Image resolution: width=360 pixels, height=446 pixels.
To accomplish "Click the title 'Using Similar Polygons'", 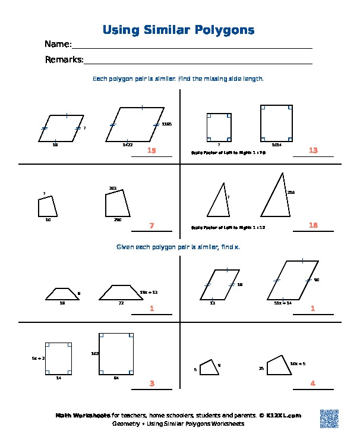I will [x=178, y=30].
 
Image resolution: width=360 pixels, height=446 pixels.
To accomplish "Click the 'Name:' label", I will [x=58, y=45].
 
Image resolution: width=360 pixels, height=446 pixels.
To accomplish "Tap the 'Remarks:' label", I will [x=64, y=59].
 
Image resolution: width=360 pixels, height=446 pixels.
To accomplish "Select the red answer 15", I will [x=151, y=151].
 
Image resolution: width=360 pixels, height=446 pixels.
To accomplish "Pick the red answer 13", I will [x=314, y=150].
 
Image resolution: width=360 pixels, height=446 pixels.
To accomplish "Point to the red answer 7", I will [x=151, y=225].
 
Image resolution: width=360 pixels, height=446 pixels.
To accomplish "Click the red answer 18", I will [x=314, y=225].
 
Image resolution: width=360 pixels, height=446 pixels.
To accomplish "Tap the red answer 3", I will [x=151, y=384].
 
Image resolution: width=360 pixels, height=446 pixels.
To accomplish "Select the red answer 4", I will [x=313, y=384].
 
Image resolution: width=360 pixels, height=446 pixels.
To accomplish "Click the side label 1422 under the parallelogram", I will [x=127, y=145].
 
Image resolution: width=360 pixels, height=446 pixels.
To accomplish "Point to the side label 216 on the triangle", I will [x=291, y=193].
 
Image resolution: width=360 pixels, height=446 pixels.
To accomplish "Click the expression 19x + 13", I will [x=149, y=293].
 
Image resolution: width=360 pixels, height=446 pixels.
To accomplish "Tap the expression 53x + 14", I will [x=283, y=303].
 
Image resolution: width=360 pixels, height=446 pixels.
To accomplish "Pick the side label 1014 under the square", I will [x=276, y=145].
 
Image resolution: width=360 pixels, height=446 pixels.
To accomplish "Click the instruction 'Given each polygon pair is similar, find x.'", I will [x=178, y=246].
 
